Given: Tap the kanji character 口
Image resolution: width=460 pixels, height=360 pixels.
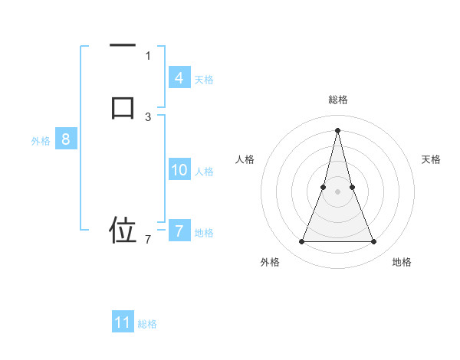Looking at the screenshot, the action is pos(123,106).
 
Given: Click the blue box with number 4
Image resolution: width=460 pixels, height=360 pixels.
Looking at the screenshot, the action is pos(179,77).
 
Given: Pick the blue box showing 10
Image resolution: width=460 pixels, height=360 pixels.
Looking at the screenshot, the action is pos(179,170).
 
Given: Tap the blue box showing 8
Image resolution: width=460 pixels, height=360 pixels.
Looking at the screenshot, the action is pos(66,139).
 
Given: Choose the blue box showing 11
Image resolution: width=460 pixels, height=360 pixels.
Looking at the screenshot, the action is pos(123,322).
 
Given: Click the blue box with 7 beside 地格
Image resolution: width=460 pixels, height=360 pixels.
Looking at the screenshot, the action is pos(179,231).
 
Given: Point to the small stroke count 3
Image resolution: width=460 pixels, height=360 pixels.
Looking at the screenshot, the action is pos(148,116).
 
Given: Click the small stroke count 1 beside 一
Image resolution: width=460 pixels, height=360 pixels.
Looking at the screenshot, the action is pos(148,55).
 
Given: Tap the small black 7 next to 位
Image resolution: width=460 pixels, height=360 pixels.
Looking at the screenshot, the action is pos(148,240).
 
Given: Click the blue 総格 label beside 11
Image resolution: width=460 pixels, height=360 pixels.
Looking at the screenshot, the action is pos(147,324).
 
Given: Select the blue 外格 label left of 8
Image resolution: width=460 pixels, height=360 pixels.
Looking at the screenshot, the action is pos(41,141).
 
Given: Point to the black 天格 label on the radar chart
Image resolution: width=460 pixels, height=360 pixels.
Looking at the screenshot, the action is pos(432,159).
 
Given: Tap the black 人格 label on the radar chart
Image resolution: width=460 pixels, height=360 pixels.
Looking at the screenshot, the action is pos(245,159).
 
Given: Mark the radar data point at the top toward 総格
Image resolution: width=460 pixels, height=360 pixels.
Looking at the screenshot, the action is pos(337,129).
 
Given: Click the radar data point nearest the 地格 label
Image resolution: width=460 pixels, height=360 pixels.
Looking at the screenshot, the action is pos(373,242).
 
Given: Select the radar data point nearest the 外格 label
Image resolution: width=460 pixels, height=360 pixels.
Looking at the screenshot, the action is pos(301,242).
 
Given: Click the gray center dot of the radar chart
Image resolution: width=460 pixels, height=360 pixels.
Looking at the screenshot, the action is pos(337,191).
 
